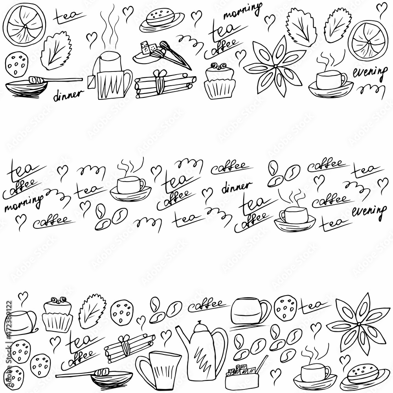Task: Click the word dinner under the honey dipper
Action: click(68, 94)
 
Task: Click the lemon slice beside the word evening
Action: click(369, 39)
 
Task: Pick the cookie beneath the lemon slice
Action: click(17, 65)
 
